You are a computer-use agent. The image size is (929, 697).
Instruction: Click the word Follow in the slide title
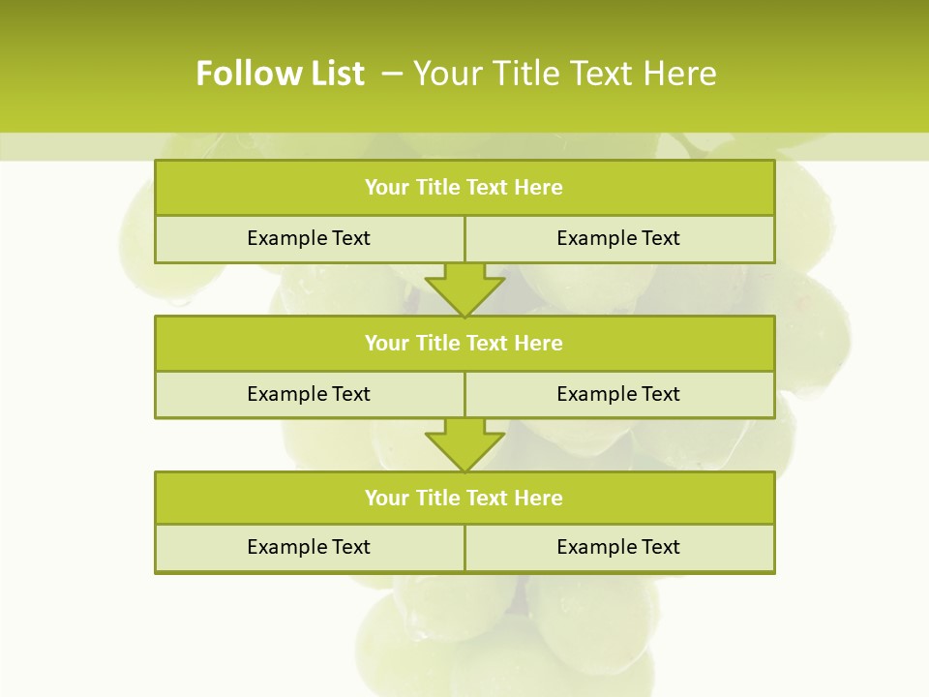point(240,74)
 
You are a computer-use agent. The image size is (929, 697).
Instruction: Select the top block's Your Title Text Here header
point(464,188)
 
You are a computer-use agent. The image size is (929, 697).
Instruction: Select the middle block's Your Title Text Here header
point(464,343)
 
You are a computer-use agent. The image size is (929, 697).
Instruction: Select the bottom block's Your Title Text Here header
point(464,498)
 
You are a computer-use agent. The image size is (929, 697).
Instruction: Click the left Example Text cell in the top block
point(309,238)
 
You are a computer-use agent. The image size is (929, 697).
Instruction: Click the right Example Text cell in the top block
point(618,238)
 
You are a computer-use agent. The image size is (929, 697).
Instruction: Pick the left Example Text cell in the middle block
point(309,394)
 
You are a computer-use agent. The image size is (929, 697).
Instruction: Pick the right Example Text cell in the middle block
point(618,394)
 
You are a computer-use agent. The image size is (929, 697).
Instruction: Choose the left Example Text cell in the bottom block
point(309,547)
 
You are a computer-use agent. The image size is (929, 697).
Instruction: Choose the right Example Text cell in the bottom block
point(618,547)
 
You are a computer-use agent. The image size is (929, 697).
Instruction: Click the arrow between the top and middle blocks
point(464,288)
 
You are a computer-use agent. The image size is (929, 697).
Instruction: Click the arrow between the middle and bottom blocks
point(464,444)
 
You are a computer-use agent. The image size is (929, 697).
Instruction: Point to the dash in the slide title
point(393,74)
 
